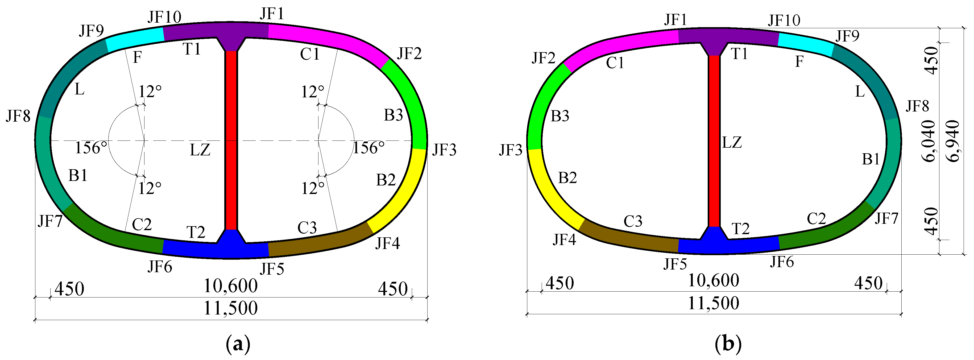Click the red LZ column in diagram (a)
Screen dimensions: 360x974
tap(231, 140)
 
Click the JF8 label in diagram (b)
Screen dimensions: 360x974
tap(917, 106)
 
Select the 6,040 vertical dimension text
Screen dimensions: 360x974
tap(929, 141)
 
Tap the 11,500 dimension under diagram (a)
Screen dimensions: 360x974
tap(231, 308)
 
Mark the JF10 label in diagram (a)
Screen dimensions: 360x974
tap(164, 17)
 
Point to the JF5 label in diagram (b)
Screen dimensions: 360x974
tap(675, 264)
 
